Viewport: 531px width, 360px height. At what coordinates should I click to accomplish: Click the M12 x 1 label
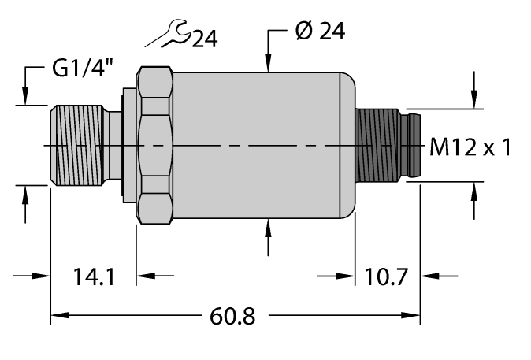click(x=471, y=147)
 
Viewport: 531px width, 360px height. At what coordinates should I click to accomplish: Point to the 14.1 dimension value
click(x=94, y=277)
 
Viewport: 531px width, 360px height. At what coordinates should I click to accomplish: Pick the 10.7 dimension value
click(x=387, y=277)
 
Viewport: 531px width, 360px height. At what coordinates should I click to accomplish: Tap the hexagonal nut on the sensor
click(x=155, y=147)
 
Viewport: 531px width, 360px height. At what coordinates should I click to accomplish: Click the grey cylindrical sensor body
click(x=260, y=147)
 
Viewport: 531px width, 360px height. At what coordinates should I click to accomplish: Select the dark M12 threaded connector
click(x=378, y=147)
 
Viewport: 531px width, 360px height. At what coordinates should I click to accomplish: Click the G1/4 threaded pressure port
click(x=78, y=147)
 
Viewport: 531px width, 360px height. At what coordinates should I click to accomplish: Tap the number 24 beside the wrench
click(x=203, y=38)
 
